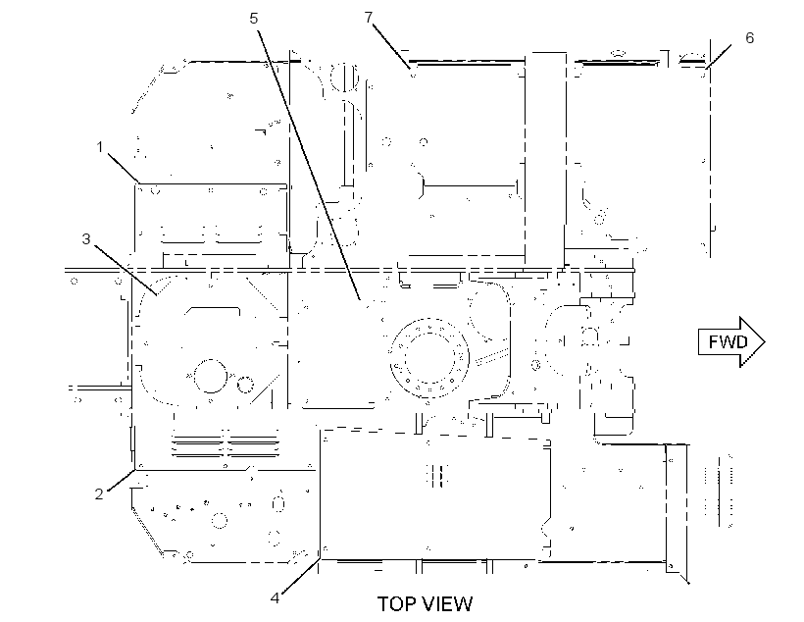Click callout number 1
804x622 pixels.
point(100,147)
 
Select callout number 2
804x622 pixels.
point(99,494)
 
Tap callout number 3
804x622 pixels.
point(86,239)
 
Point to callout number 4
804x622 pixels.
point(276,597)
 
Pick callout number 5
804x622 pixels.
point(254,19)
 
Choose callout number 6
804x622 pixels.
point(750,38)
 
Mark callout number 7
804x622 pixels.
point(369,18)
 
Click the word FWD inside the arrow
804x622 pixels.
point(728,341)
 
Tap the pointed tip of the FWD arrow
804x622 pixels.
point(765,341)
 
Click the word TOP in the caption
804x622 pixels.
point(395,604)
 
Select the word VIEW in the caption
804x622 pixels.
point(445,604)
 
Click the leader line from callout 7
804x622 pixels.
point(391,46)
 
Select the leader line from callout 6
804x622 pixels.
point(719,57)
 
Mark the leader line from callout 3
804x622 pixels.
point(126,270)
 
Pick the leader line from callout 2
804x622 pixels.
point(122,480)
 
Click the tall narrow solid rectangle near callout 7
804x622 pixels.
point(545,159)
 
